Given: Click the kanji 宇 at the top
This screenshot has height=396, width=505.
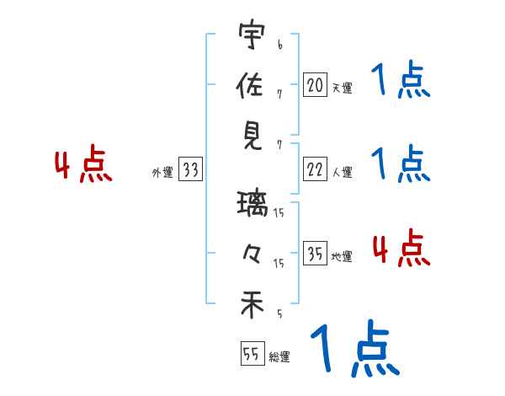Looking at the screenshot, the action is point(252,39).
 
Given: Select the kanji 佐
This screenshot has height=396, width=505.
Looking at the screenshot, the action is point(252,87).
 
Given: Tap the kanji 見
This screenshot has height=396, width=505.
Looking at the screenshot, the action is point(252,136).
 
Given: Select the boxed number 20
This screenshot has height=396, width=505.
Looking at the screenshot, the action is point(315,84).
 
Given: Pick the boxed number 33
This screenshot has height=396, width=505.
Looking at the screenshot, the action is point(191,171).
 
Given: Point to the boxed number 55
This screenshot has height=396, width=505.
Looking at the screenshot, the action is point(252,354).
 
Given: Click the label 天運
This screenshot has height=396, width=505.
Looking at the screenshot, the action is point(342,88).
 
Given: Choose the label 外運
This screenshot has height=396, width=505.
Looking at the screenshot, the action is point(162,173).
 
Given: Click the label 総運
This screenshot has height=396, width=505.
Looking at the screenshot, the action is point(279,356).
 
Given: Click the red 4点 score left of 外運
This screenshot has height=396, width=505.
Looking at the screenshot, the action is point(83,165).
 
